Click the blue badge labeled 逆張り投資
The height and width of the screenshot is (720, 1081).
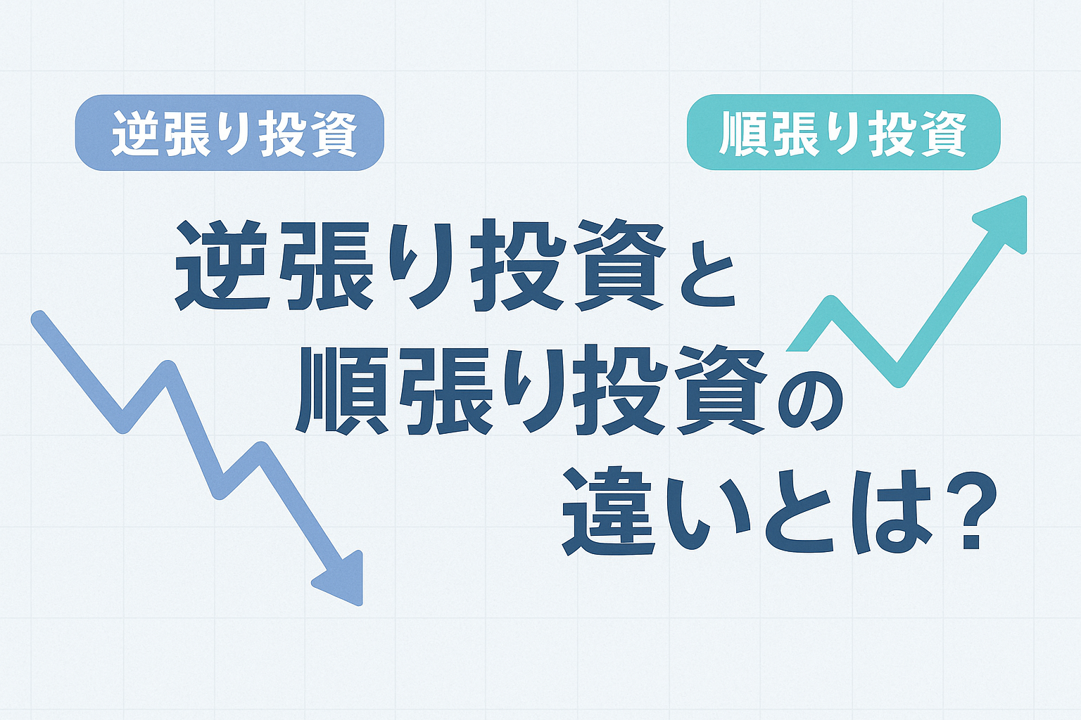click(229, 133)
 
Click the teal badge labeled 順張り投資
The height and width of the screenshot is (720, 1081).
click(843, 133)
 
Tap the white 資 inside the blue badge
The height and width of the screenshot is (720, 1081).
click(333, 133)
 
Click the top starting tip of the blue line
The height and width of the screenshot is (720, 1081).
click(39, 319)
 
